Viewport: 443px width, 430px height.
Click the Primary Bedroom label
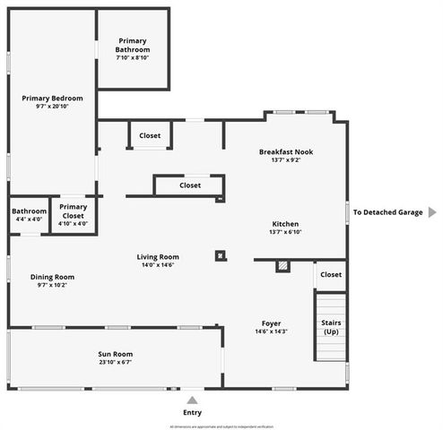click(x=52, y=98)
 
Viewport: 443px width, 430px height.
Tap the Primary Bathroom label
click(x=133, y=45)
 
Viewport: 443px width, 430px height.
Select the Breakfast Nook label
click(x=285, y=151)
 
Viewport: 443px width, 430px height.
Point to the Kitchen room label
click(x=284, y=224)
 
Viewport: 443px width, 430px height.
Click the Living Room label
click(x=158, y=257)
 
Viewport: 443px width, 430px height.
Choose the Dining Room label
click(x=52, y=277)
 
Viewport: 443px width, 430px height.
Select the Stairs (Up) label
click(x=330, y=327)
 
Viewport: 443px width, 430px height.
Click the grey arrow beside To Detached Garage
click(x=431, y=212)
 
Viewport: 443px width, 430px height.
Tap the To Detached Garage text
click(x=387, y=212)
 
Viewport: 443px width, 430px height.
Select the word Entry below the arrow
click(x=192, y=412)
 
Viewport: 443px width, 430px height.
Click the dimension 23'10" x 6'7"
click(x=115, y=363)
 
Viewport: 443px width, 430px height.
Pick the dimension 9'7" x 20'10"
click(x=52, y=106)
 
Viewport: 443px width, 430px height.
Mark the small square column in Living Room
click(x=220, y=255)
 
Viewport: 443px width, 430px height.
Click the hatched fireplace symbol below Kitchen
click(x=283, y=265)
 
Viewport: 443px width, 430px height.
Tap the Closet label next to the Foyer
click(x=330, y=275)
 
